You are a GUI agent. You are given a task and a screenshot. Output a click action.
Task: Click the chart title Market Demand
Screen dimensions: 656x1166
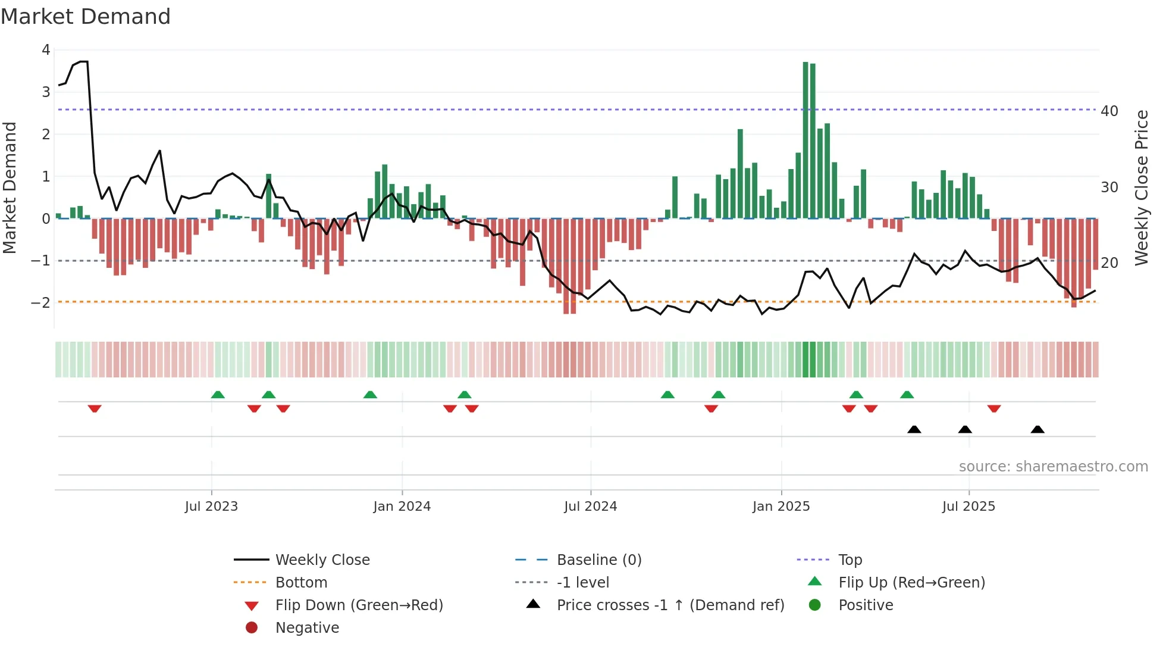[86, 17]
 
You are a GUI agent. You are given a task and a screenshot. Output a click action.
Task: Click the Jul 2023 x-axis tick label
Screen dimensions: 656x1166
[211, 507]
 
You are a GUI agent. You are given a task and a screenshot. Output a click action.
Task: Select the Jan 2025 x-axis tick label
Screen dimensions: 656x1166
[781, 507]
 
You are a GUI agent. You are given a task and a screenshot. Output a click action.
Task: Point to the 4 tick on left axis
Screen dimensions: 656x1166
[46, 50]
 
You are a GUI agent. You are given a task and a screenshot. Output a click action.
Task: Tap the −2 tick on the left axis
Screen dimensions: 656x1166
[41, 302]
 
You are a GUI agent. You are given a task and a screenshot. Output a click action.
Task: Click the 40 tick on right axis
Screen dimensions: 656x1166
[1109, 111]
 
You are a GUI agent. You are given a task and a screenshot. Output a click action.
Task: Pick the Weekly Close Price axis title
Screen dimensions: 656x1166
[1141, 188]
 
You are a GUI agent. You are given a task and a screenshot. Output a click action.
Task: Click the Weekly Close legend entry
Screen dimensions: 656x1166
[322, 560]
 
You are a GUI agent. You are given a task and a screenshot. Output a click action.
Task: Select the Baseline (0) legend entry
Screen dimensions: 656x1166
[598, 560]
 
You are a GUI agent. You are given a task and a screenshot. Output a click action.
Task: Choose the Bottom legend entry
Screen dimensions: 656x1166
[301, 583]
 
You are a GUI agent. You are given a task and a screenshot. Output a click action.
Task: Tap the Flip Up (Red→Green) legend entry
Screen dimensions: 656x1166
[911, 583]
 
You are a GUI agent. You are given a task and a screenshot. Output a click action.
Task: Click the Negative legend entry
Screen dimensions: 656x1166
[307, 628]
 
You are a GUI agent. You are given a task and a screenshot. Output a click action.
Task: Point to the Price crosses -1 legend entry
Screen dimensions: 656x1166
[670, 605]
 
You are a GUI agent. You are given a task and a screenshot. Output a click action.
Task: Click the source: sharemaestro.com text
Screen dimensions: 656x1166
[1053, 467]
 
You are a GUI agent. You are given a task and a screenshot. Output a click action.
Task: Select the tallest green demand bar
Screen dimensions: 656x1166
[805, 140]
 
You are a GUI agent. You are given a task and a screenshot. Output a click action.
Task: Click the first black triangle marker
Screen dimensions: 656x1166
[914, 430]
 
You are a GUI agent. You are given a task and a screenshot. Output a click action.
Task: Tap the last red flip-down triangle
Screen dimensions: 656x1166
[993, 408]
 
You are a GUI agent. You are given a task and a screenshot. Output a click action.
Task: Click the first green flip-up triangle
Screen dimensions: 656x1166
[218, 395]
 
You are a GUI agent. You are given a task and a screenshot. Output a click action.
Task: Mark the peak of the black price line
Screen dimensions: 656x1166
[84, 61]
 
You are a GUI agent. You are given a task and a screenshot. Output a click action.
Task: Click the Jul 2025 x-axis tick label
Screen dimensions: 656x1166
[968, 507]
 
